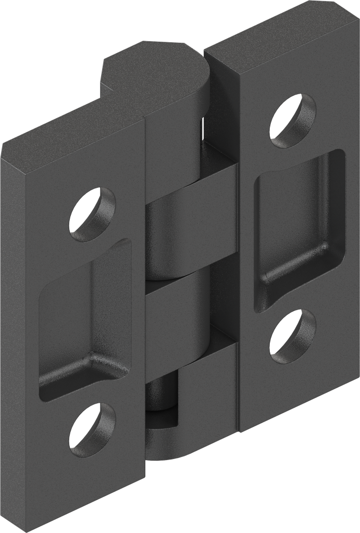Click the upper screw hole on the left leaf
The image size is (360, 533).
click(93, 214)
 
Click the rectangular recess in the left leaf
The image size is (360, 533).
click(83, 318)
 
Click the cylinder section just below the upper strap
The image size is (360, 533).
click(167, 245)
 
